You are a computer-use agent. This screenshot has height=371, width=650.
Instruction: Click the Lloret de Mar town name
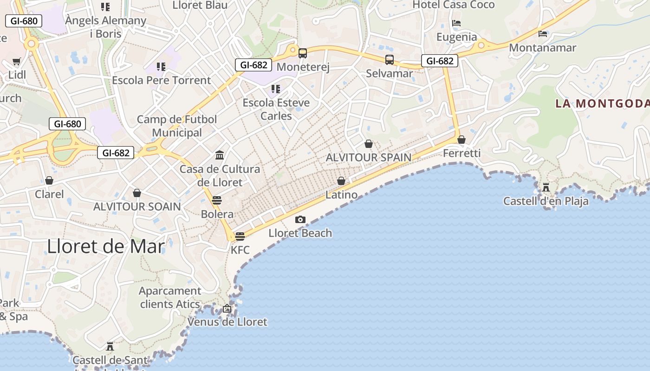pyautogui.click(x=106, y=246)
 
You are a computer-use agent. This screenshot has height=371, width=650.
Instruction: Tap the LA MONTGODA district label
pyautogui.click(x=602, y=103)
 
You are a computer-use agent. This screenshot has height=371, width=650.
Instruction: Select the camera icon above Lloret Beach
pyautogui.click(x=300, y=219)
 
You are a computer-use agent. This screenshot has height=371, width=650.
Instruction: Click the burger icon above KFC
pyautogui.click(x=240, y=237)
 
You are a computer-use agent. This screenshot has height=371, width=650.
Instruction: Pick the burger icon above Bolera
pyautogui.click(x=217, y=200)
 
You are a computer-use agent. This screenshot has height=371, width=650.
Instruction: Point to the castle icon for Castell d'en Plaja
pyautogui.click(x=546, y=188)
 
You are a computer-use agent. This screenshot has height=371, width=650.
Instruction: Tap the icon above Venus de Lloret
pyautogui.click(x=227, y=308)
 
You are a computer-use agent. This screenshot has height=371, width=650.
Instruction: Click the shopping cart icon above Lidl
pyautogui.click(x=17, y=61)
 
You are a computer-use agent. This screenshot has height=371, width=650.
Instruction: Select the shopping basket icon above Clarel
pyautogui.click(x=49, y=180)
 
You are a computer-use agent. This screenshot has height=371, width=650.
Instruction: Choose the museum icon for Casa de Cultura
pyautogui.click(x=220, y=155)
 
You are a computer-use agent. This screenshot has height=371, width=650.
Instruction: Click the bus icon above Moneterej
pyautogui.click(x=303, y=53)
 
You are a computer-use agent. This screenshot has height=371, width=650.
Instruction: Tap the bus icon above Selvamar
pyautogui.click(x=389, y=60)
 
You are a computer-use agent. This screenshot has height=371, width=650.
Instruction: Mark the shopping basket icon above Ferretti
pyautogui.click(x=461, y=140)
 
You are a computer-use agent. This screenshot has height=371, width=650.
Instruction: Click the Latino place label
pyautogui.click(x=341, y=195)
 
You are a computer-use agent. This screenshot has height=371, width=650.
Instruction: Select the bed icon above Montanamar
pyautogui.click(x=542, y=34)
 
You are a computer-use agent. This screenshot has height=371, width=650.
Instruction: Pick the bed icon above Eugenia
pyautogui.click(x=456, y=23)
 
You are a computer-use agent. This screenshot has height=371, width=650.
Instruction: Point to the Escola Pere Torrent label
pyautogui.click(x=162, y=80)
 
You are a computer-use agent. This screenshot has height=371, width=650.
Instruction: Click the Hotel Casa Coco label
pyautogui.click(x=454, y=5)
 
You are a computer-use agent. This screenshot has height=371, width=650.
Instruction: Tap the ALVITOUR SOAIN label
pyautogui.click(x=137, y=206)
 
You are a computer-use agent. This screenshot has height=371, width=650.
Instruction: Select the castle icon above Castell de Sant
pyautogui.click(x=110, y=346)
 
